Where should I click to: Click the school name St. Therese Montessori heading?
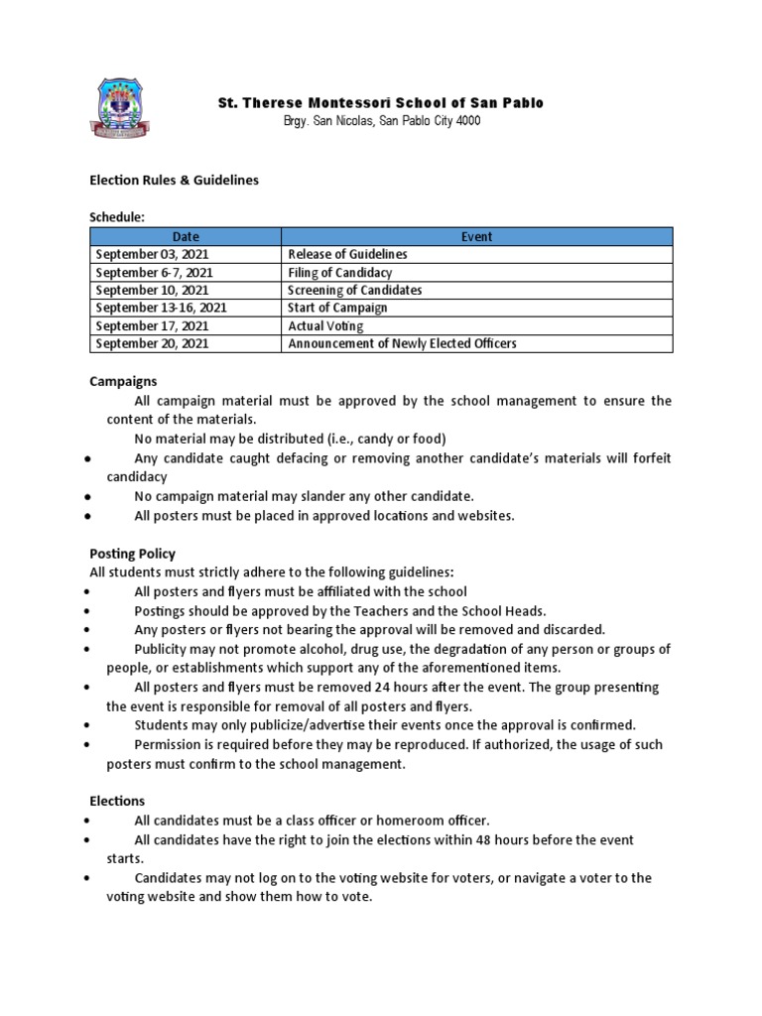click(381, 103)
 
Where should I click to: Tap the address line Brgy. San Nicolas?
click(381, 121)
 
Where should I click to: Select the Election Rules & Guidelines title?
click(174, 180)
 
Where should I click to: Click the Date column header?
click(186, 236)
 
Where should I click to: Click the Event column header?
click(476, 236)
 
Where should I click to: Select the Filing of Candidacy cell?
click(339, 272)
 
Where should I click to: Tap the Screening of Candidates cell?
click(354, 290)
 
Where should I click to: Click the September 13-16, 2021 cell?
click(161, 308)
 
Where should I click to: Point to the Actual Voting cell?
click(325, 325)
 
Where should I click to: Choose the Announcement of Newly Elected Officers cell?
click(402, 343)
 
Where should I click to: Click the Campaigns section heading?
click(123, 381)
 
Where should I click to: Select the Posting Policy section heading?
click(132, 554)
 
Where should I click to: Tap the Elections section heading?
click(117, 801)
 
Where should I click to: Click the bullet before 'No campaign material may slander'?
click(89, 497)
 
